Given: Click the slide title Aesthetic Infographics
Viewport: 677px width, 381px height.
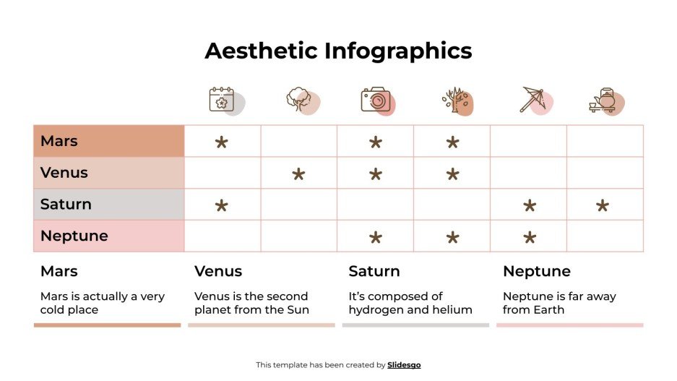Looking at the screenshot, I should click(338, 51).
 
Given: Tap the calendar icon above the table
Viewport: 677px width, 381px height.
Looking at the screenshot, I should click(223, 100).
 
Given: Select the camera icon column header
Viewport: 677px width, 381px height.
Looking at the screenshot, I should click(376, 100).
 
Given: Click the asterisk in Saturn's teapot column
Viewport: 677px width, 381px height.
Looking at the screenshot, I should click(602, 206).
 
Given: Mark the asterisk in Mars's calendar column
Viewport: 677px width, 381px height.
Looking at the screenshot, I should click(222, 142).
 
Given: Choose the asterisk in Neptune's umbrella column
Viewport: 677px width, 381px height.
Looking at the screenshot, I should click(529, 238).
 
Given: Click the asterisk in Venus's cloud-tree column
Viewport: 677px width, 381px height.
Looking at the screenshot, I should click(298, 174).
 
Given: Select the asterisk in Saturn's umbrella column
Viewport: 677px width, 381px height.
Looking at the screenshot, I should click(529, 206).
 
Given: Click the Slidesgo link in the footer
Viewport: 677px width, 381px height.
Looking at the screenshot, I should click(404, 365).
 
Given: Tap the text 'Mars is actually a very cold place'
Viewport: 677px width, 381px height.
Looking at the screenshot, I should click(103, 303).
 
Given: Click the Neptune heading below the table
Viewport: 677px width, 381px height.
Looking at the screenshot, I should click(536, 271).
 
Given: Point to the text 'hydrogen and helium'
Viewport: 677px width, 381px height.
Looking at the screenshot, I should click(410, 310).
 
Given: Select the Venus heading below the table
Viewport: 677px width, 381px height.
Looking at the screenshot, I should click(218, 271).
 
